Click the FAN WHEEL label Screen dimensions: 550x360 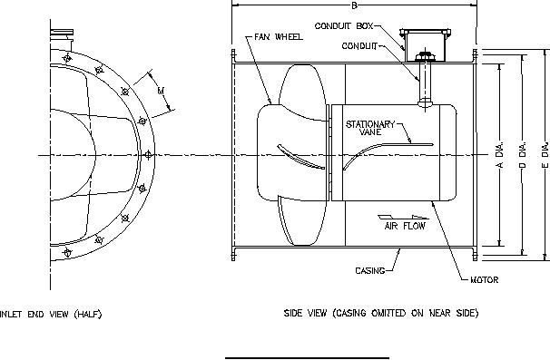pos(279,37)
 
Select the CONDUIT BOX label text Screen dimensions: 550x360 pos(344,26)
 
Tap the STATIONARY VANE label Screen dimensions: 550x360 pos(370,128)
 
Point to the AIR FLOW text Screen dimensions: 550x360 pos(405,226)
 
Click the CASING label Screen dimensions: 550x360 pos(370,270)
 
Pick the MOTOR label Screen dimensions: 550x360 pos(485,279)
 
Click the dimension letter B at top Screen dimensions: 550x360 pos(354,5)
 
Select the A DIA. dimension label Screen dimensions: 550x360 pos(501,154)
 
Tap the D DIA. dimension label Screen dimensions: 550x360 pos(523,154)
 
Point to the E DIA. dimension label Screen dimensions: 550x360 pos(545,154)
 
